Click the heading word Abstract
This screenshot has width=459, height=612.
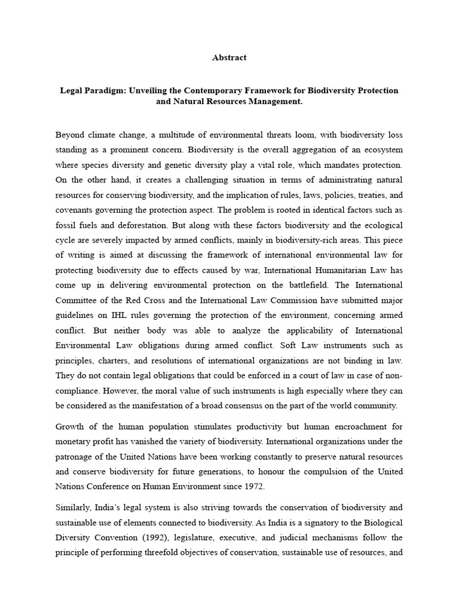tap(229, 58)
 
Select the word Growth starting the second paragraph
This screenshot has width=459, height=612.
tap(69, 427)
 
